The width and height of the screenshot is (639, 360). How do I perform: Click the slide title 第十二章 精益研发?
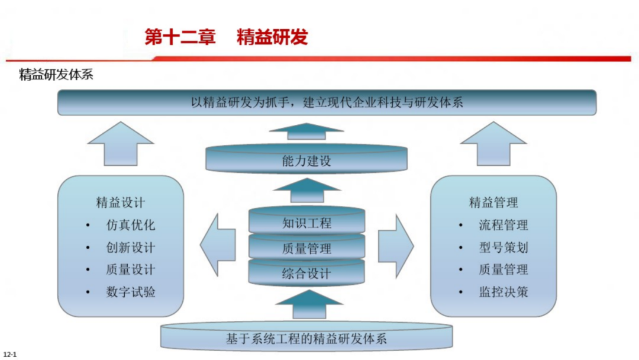pyautogui.click(x=226, y=37)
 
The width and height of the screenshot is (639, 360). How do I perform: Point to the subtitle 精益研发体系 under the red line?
pyautogui.click(x=56, y=76)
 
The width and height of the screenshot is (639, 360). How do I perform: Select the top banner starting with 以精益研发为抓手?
pyautogui.click(x=327, y=102)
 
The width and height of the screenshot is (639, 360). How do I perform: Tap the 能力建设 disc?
pyautogui.click(x=306, y=160)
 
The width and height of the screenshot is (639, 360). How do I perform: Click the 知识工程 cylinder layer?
pyautogui.click(x=306, y=223)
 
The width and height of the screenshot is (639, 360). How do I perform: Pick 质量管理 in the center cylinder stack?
pyautogui.click(x=306, y=249)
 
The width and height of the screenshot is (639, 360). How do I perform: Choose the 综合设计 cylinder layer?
pyautogui.click(x=306, y=274)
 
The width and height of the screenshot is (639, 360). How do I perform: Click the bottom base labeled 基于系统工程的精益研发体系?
pyautogui.click(x=306, y=339)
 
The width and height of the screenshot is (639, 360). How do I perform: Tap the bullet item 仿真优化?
pyautogui.click(x=131, y=225)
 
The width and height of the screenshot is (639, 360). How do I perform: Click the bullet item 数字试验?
pyautogui.click(x=131, y=292)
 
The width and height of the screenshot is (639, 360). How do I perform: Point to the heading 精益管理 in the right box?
pyautogui.click(x=493, y=202)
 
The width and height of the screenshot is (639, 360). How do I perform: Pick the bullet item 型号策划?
pyautogui.click(x=504, y=247)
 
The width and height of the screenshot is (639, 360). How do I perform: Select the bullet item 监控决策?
pyautogui.click(x=504, y=292)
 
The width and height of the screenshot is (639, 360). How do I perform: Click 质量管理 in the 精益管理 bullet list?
pyautogui.click(x=504, y=269)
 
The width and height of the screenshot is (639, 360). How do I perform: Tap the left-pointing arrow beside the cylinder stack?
pyautogui.click(x=216, y=246)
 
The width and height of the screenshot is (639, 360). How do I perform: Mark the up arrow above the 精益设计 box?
pyautogui.click(x=120, y=144)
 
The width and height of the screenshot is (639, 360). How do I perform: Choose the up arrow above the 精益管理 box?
pyautogui.click(x=493, y=144)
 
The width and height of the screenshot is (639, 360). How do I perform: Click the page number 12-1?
pyautogui.click(x=10, y=354)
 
